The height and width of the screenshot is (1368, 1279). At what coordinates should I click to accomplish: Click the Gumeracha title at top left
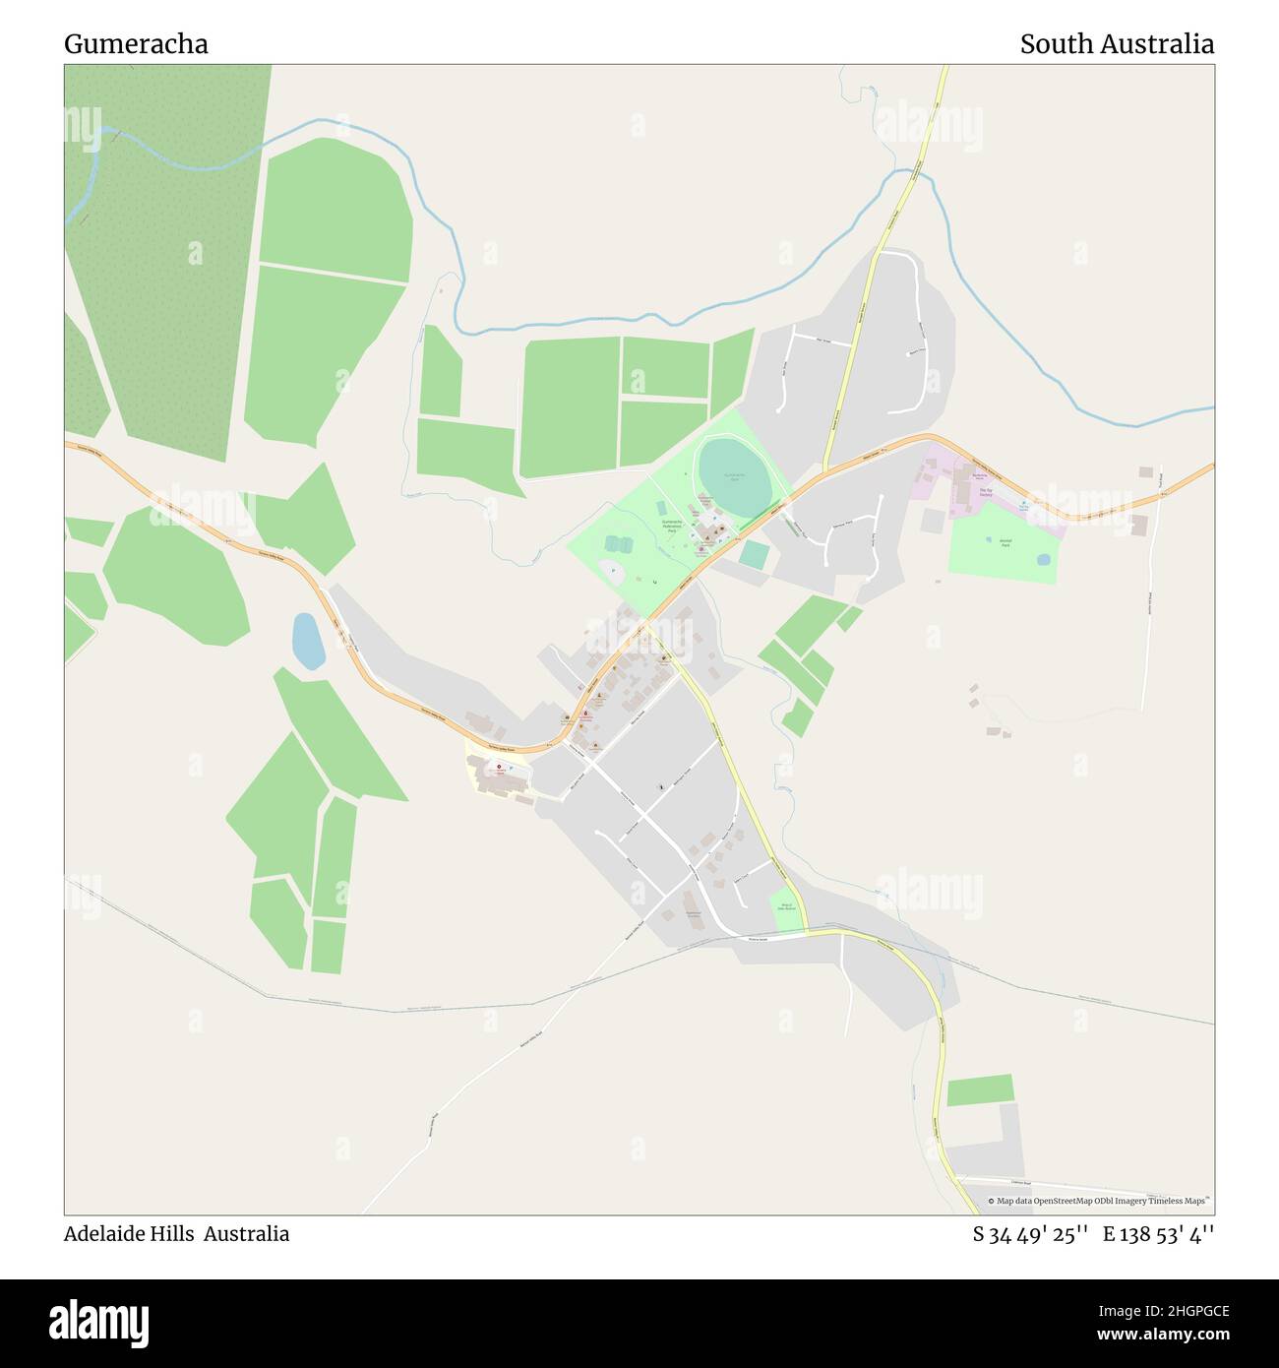point(136,44)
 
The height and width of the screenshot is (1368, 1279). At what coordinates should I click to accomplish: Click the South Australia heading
point(1116,44)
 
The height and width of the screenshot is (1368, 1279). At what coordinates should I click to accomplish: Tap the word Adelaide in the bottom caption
point(103,1233)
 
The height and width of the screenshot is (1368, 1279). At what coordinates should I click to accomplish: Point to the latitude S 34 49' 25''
point(1029,1234)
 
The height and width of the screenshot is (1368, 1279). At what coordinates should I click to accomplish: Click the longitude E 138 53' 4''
point(1158,1234)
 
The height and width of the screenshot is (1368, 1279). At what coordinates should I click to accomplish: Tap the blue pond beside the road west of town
point(308,641)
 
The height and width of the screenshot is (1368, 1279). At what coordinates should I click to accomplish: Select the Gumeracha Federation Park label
point(672,526)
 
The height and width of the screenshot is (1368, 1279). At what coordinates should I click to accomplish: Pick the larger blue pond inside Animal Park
point(1043,559)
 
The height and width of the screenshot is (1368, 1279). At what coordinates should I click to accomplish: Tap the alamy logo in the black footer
point(99,1321)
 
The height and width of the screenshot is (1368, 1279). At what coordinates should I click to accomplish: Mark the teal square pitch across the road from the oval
point(754,555)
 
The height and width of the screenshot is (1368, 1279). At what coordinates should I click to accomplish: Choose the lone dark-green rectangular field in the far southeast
point(979,1089)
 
